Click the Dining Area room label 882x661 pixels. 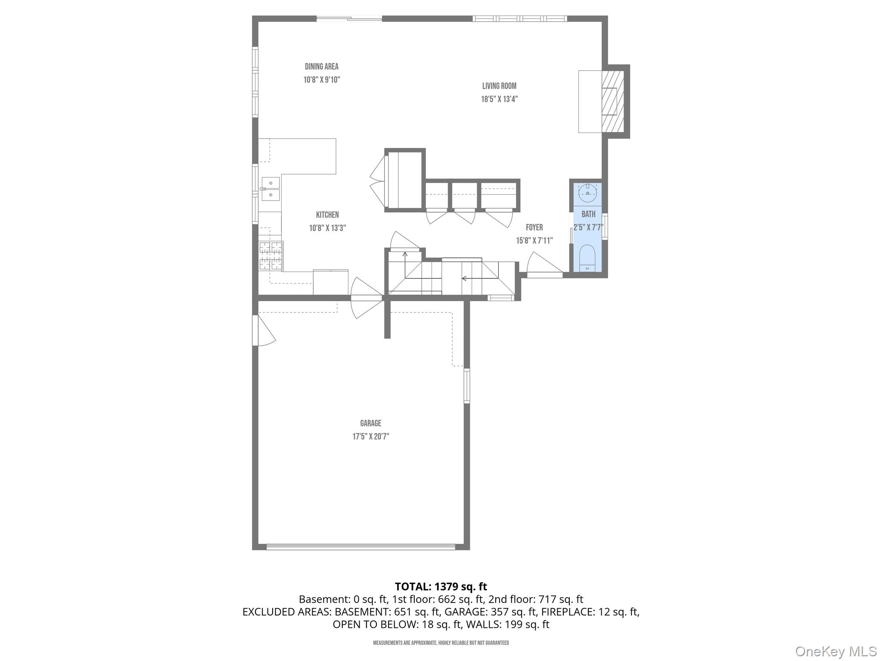pyautogui.click(x=321, y=67)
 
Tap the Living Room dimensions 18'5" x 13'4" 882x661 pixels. pyautogui.click(x=499, y=99)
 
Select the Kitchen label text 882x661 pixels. pyautogui.click(x=327, y=215)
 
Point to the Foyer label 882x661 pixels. pyautogui.click(x=534, y=227)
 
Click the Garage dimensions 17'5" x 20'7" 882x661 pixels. pyautogui.click(x=371, y=436)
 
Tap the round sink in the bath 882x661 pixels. pyautogui.click(x=587, y=192)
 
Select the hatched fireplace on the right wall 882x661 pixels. pyautogui.click(x=612, y=101)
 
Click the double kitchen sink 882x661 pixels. pyautogui.click(x=271, y=189)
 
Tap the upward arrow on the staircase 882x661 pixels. pyautogui.click(x=405, y=255)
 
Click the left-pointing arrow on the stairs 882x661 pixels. pyautogui.click(x=464, y=278)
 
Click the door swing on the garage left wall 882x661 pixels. pyautogui.click(x=263, y=330)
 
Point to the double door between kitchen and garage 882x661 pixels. pyautogui.click(x=366, y=298)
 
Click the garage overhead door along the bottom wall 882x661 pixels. pyautogui.click(x=360, y=547)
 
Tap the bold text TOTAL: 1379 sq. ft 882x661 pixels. pyautogui.click(x=441, y=586)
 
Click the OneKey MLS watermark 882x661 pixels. pyautogui.click(x=835, y=651)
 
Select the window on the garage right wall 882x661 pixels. pyautogui.click(x=466, y=386)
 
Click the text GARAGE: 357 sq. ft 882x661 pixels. pyautogui.click(x=491, y=612)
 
